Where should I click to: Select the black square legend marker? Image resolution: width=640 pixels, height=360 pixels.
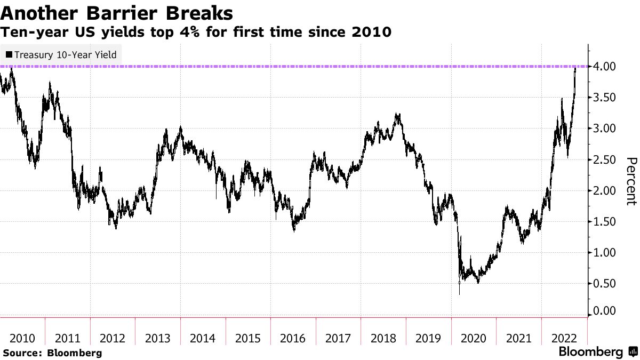pyautogui.click(x=9, y=54)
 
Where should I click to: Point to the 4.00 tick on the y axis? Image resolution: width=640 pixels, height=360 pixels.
pyautogui.click(x=605, y=67)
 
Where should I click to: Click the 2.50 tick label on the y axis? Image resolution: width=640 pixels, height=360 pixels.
pyautogui.click(x=605, y=159)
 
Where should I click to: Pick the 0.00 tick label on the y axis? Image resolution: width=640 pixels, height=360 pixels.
pyautogui.click(x=605, y=310)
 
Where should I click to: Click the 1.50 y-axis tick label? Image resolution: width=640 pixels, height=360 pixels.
pyautogui.click(x=605, y=221)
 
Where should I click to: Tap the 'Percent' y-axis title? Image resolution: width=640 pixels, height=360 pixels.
pyautogui.click(x=631, y=181)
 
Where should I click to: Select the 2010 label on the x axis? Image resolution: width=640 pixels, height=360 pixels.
pyautogui.click(x=22, y=338)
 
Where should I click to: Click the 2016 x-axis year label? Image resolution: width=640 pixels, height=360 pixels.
pyautogui.click(x=293, y=338)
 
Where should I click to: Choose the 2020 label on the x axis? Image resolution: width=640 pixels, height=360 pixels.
pyautogui.click(x=473, y=338)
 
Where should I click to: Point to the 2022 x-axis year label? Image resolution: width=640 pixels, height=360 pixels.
pyautogui.click(x=563, y=338)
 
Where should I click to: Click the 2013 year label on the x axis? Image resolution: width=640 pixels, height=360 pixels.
pyautogui.click(x=158, y=338)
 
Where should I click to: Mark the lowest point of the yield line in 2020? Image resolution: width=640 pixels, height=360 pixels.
pyautogui.click(x=459, y=294)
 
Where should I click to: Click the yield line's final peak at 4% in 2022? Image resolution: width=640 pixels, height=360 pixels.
pyautogui.click(x=575, y=68)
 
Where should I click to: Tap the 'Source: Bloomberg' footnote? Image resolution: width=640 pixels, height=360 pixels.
pyautogui.click(x=52, y=353)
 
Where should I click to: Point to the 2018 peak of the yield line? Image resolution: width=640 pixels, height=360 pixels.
pyautogui.click(x=397, y=114)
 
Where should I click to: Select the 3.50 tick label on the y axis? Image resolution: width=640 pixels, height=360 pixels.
pyautogui.click(x=605, y=98)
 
